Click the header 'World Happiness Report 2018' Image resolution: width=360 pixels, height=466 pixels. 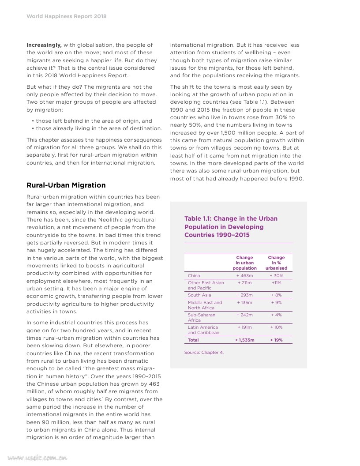pos(67,16)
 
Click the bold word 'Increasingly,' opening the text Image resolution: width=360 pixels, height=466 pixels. pos(44,45)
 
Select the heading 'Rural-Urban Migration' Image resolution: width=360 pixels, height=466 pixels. pos(66,185)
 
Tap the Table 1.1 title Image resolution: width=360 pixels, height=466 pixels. pos(231,227)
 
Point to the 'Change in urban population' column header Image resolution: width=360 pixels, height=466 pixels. pos(244,263)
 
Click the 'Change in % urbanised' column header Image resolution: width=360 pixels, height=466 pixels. pos(276,263)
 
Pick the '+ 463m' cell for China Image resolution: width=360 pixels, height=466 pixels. pos(244,276)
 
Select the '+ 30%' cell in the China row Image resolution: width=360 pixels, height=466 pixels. pos(276,276)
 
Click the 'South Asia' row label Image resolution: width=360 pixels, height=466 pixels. pos(199,295)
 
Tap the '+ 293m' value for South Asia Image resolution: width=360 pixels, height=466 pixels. pos(244,295)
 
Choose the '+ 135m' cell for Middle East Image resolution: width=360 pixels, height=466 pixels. pos(244,303)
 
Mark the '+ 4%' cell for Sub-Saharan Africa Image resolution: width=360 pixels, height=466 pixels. pos(276,315)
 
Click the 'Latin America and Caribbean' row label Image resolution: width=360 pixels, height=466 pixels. pos(203,330)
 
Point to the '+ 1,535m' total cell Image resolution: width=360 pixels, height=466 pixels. pos(244,340)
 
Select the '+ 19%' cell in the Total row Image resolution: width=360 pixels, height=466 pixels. pos(276,340)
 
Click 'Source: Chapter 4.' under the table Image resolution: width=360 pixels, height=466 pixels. pos(204,353)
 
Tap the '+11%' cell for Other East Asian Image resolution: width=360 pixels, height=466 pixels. pos(276,283)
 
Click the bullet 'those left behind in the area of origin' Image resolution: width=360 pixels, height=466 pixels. pos(92,120)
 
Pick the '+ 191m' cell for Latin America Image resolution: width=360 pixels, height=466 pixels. pos(244,327)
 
